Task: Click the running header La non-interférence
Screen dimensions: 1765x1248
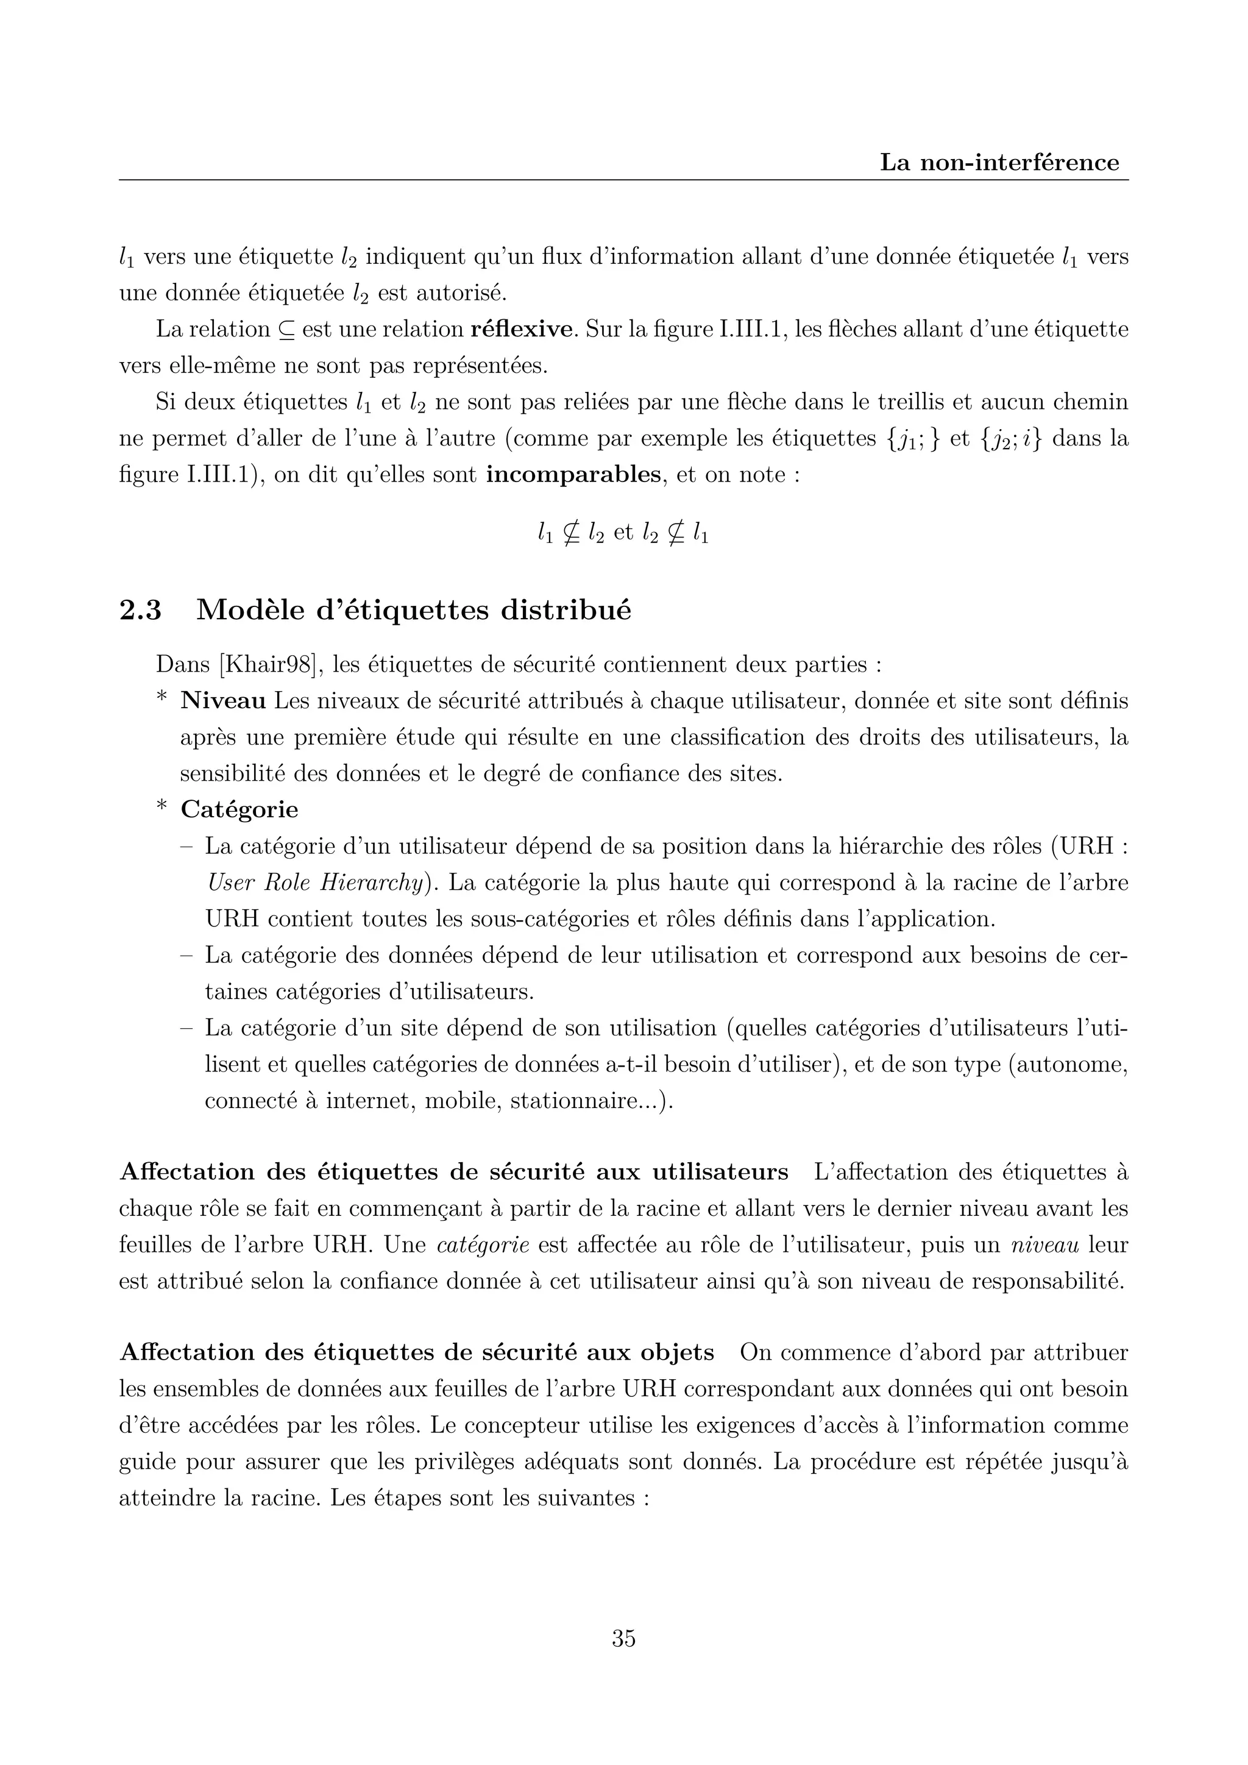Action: tap(999, 163)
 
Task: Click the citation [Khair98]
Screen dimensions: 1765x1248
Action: tap(268, 664)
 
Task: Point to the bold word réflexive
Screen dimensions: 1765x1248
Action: tap(523, 330)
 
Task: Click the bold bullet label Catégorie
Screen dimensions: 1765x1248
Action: tap(239, 809)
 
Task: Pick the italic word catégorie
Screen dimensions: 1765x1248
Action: tap(483, 1245)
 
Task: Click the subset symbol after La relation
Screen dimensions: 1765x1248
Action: tap(286, 330)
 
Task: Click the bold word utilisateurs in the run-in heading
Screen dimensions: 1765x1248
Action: tap(720, 1171)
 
